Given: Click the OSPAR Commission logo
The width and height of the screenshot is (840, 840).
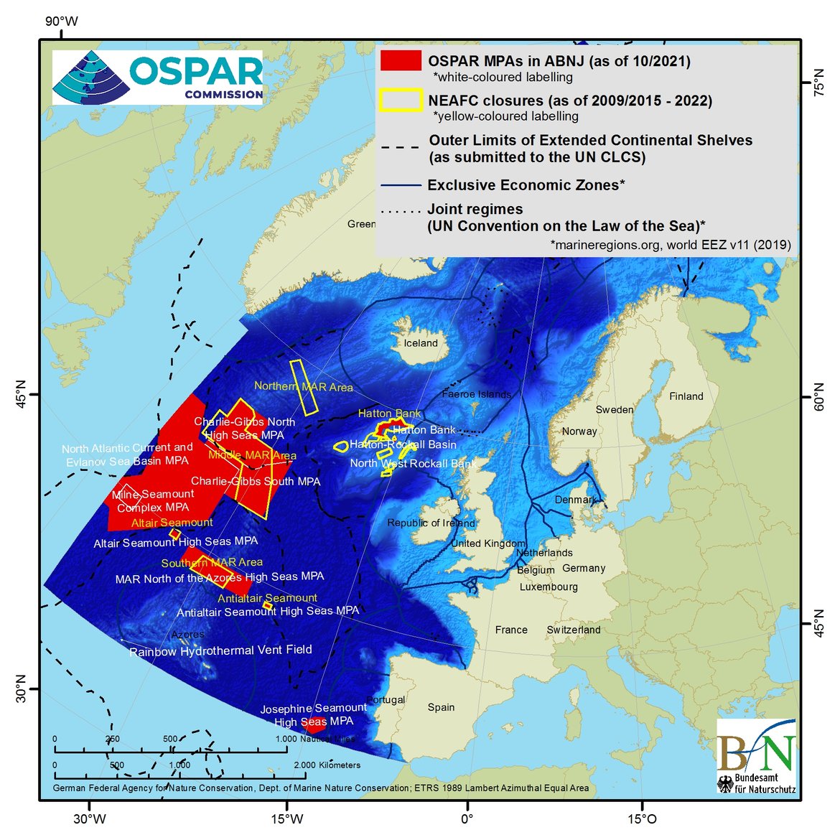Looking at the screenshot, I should pyautogui.click(x=158, y=77).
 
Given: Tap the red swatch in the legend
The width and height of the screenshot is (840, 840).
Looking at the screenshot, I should pyautogui.click(x=401, y=60).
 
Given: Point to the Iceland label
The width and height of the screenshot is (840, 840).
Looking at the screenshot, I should pyautogui.click(x=421, y=343).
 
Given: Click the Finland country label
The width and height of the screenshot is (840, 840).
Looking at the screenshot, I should pyautogui.click(x=686, y=396).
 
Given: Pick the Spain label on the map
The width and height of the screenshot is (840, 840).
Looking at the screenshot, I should pyautogui.click(x=441, y=707).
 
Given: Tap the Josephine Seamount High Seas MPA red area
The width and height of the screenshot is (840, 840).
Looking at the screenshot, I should pyautogui.click(x=314, y=725).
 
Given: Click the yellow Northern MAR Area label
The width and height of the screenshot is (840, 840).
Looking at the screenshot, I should pyautogui.click(x=303, y=387).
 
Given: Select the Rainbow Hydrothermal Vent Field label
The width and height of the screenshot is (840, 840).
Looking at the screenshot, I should pyautogui.click(x=220, y=650).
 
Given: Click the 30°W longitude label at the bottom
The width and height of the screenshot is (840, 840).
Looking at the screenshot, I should pyautogui.click(x=89, y=819).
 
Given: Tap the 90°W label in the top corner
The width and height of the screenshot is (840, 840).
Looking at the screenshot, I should pyautogui.click(x=62, y=22).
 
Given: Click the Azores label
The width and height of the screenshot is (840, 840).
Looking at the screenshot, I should pyautogui.click(x=187, y=635).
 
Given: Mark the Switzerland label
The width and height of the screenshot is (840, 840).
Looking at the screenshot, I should pyautogui.click(x=573, y=630).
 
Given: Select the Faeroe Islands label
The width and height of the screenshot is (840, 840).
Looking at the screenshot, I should pyautogui.click(x=477, y=394).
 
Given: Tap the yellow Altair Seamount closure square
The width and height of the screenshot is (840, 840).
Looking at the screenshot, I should pyautogui.click(x=174, y=533).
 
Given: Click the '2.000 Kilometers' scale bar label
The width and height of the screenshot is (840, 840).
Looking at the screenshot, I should pyautogui.click(x=327, y=765).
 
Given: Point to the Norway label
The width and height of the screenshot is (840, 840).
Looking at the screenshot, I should pyautogui.click(x=579, y=431).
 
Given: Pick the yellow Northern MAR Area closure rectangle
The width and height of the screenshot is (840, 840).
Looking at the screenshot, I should pyautogui.click(x=304, y=387).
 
